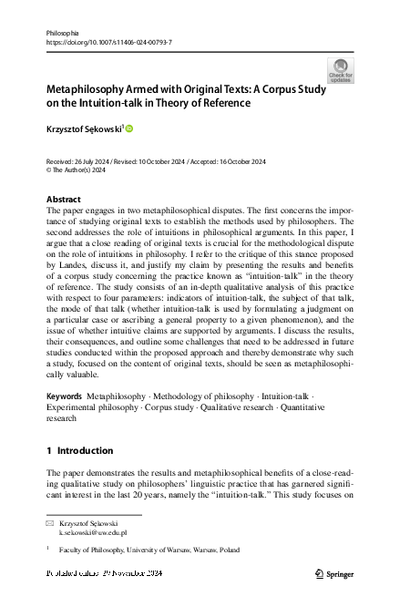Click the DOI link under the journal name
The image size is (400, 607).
coord(108,42)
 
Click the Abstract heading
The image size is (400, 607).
coord(63,199)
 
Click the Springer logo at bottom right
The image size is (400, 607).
coord(333,573)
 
